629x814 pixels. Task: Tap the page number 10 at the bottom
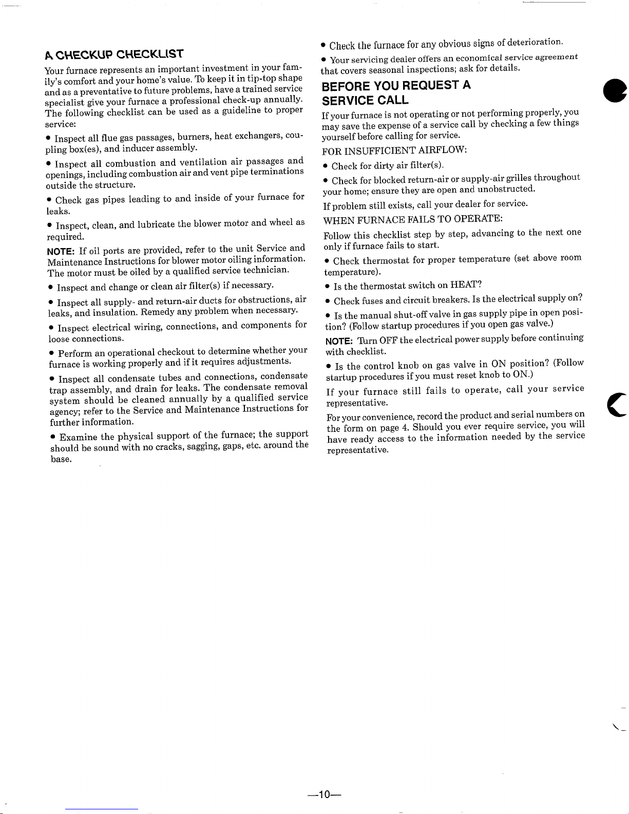323,795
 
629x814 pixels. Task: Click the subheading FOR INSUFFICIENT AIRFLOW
394,150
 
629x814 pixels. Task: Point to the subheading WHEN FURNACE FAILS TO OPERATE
412,219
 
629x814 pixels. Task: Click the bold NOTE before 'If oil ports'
61,251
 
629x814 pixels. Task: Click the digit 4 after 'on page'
405,427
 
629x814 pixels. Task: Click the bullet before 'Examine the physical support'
53,438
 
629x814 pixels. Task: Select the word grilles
518,178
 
